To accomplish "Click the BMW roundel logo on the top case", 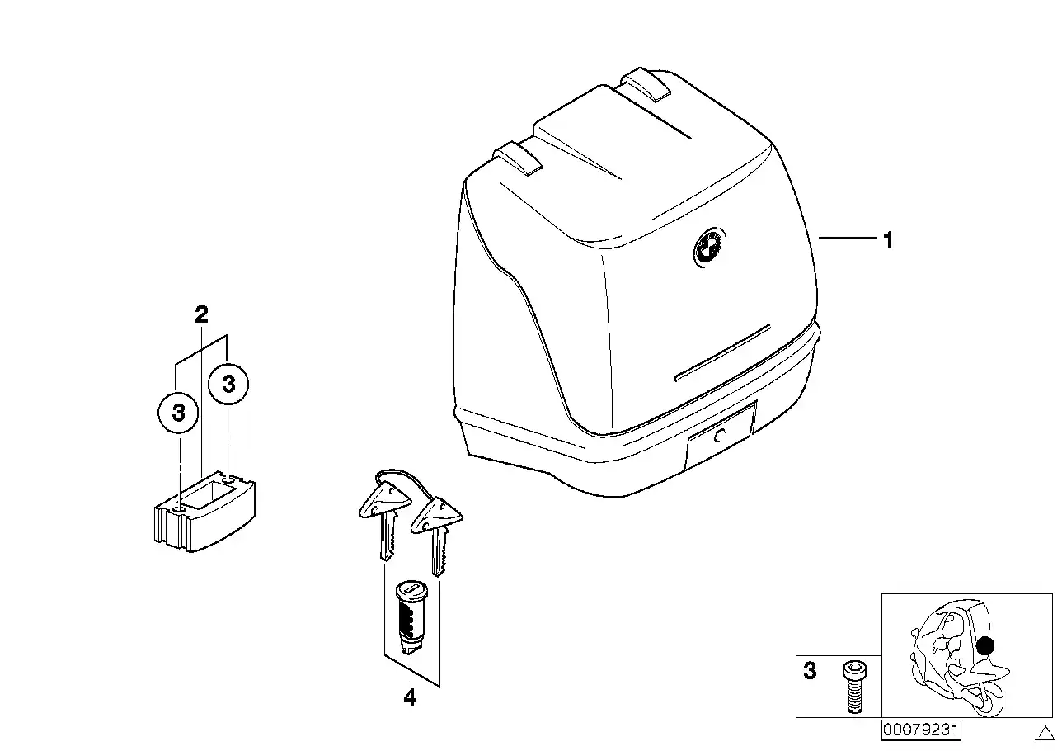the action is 710,247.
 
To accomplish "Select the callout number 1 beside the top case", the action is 889,240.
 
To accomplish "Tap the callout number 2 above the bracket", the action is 201,314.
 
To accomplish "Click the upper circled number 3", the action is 229,383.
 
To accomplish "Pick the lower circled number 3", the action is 178,413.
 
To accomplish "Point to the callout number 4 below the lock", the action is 410,697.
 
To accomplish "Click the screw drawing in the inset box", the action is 854,687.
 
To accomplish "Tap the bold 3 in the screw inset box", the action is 811,671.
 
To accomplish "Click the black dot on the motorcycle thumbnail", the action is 985,645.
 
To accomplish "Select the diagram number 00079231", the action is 921,730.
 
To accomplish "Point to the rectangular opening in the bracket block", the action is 208,496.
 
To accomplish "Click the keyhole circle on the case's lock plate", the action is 720,436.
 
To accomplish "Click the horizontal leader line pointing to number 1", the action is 848,238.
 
